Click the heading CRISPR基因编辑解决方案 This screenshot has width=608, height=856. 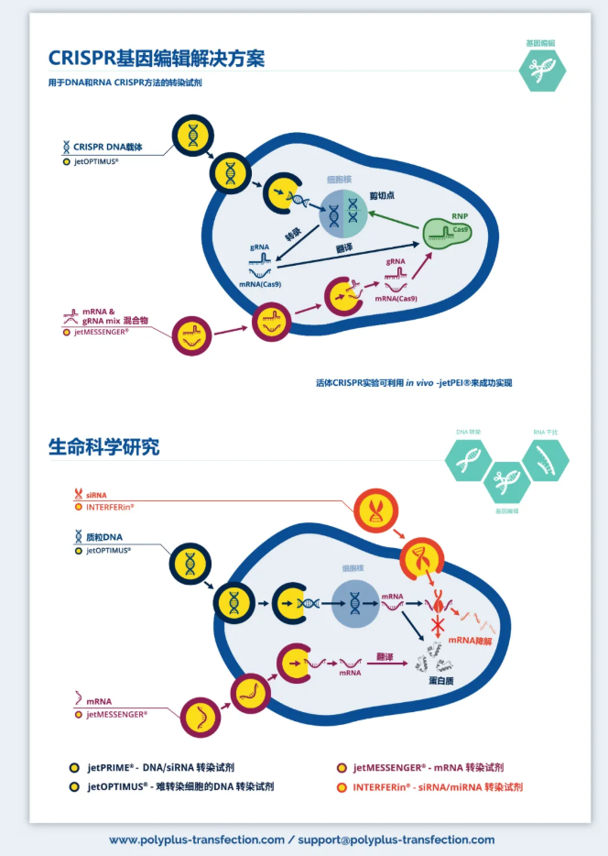pos(157,58)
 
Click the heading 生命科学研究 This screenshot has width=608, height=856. pos(103,447)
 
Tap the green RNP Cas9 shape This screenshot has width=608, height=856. pos(447,234)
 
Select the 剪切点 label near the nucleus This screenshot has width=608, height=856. pos(381,196)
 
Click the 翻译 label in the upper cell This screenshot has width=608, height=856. pos(344,248)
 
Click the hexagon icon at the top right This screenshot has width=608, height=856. pos(542,69)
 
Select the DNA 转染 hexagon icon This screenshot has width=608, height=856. pos(469,457)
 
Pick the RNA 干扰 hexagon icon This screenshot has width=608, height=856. pos(546,458)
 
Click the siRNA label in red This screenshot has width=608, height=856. pos(96,495)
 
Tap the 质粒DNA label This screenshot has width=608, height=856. pos(103,537)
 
